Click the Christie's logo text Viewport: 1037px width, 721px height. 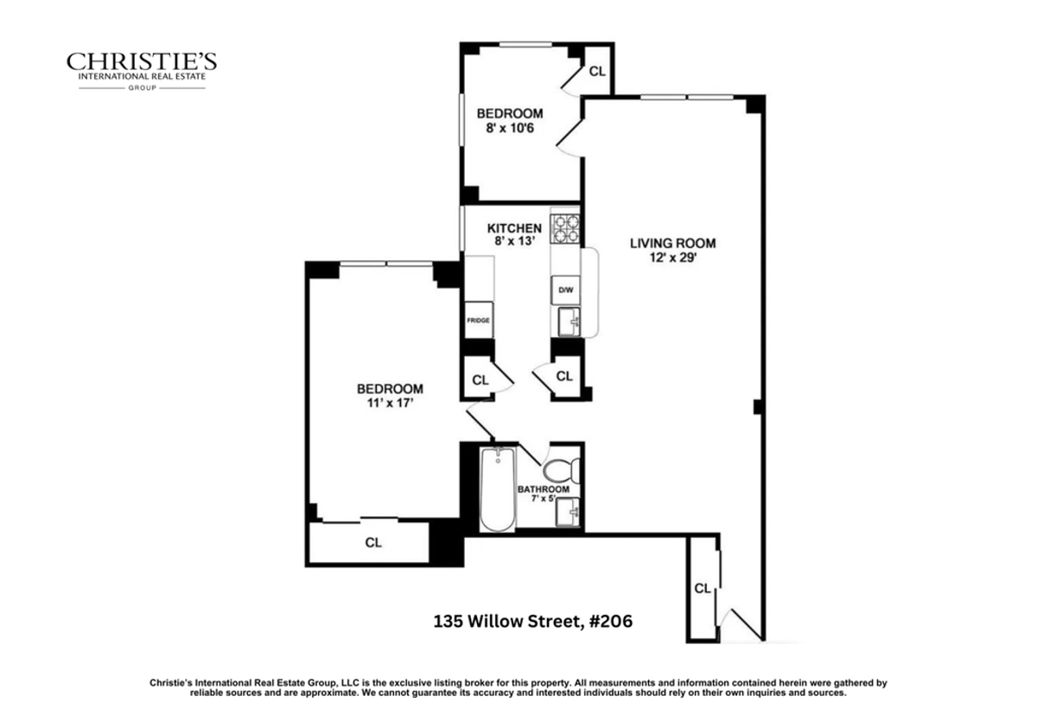[142, 63]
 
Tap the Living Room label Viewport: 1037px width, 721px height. [672, 243]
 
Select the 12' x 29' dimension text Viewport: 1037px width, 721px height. [672, 257]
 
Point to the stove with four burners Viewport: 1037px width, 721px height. [565, 227]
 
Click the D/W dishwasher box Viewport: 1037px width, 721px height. [564, 290]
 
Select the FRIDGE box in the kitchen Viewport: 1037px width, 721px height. [479, 320]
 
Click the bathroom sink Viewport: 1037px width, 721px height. [568, 514]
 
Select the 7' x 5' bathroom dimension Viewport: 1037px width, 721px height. [543, 500]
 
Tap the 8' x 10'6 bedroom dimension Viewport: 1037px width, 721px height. [510, 128]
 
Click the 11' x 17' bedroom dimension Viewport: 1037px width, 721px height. [390, 403]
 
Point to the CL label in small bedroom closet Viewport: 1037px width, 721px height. [596, 72]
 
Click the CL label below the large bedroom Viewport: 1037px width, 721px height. [373, 544]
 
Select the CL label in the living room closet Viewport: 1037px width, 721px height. [703, 589]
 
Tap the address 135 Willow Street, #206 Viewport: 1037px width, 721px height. [538, 621]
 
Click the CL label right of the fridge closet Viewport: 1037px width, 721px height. [564, 376]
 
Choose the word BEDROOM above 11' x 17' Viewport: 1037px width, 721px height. [390, 389]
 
